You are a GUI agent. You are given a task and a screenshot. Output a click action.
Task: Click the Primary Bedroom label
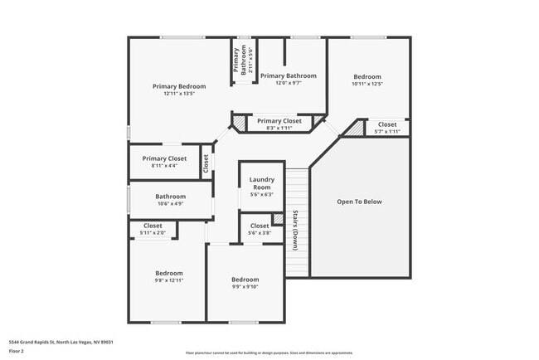click(x=179, y=85)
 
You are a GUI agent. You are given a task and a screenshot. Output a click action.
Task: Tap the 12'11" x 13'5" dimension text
click(x=179, y=94)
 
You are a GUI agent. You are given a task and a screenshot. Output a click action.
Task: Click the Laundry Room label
click(x=261, y=183)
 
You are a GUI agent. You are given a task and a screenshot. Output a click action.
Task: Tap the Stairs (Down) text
click(x=295, y=230)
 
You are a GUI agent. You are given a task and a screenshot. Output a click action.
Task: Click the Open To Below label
click(x=359, y=202)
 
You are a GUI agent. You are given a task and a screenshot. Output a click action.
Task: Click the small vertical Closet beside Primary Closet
click(x=206, y=163)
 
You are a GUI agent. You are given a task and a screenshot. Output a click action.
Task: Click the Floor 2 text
click(x=17, y=351)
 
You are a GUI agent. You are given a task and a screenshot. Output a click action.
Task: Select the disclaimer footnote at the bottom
click(x=269, y=352)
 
